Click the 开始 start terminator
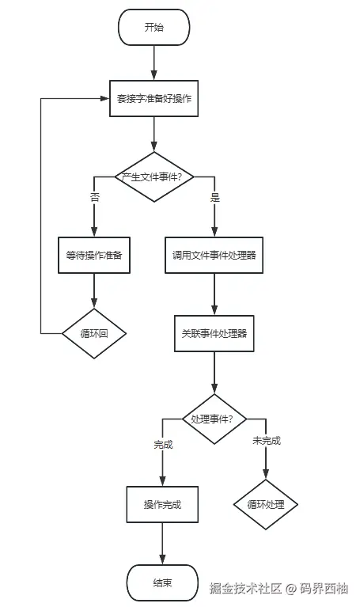pos(154,27)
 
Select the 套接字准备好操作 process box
pos(154,98)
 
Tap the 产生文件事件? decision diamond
pos(154,176)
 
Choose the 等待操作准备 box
pos(94,255)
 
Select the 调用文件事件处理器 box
pos(214,255)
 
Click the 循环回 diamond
pos(94,333)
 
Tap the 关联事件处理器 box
pos(214,333)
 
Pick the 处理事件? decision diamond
pos(214,418)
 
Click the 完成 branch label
pos(163,444)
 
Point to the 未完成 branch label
pos(266,441)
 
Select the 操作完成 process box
pos(162,505)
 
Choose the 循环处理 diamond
pos(266,504)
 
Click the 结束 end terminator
pos(162,583)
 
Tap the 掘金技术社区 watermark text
pos(245,588)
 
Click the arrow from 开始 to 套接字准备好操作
pos(154,62)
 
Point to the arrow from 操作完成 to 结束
pos(162,544)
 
